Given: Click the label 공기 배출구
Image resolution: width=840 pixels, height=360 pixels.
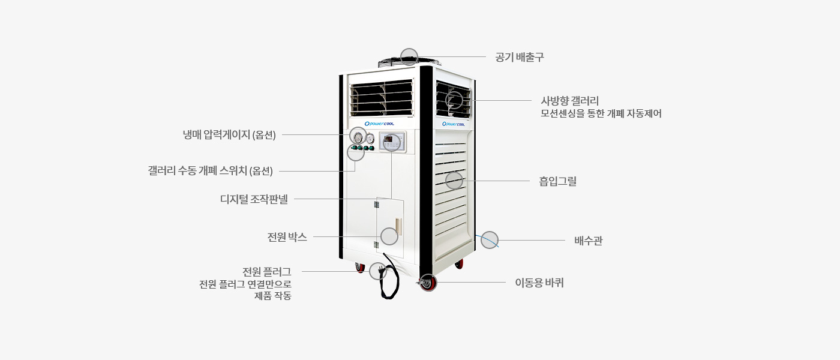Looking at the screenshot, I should [x=519, y=57].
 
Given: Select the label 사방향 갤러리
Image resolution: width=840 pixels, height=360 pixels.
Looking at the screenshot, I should [x=570, y=101].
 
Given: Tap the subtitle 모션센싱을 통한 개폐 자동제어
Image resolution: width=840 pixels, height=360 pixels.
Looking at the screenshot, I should [x=601, y=113].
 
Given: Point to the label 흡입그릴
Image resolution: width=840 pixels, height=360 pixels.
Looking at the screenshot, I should [x=557, y=181].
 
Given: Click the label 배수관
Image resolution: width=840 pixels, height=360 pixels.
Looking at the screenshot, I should [x=588, y=241].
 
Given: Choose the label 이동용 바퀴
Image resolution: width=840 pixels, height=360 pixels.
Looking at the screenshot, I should [x=539, y=283].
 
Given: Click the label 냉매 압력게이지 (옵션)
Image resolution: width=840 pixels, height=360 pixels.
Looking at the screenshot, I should [x=229, y=135].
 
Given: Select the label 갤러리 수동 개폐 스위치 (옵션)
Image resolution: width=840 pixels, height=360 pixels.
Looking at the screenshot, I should [x=210, y=171].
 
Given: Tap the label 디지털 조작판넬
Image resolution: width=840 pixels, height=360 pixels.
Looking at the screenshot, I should [x=254, y=199].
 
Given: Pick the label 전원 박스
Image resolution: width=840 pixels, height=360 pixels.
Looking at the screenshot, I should [x=287, y=237].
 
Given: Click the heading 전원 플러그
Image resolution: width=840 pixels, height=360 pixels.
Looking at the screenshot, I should [x=266, y=271].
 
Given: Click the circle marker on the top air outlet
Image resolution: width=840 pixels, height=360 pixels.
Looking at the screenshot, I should [x=409, y=56].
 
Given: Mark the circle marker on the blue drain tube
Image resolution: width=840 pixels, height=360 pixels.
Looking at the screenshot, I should [x=490, y=239].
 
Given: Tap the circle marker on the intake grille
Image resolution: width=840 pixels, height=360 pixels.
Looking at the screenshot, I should [x=454, y=180].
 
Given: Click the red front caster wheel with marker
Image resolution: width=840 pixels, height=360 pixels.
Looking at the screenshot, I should [x=428, y=283].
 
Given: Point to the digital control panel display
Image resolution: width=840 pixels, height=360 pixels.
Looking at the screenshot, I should [x=391, y=142].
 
